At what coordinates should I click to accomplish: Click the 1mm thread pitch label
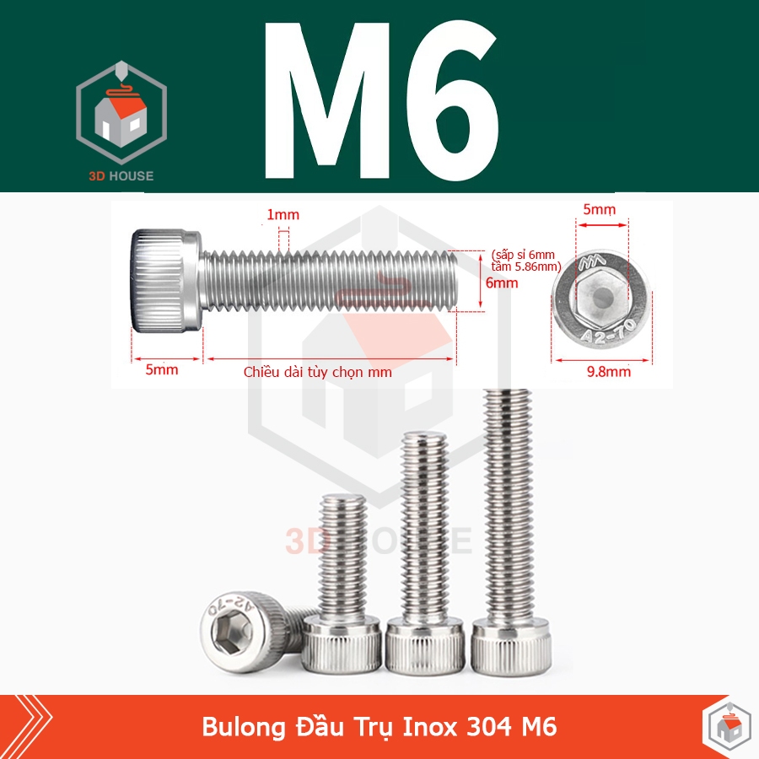coord(283,216)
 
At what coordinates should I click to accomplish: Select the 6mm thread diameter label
coord(502,283)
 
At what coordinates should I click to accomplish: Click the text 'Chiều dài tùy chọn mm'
coord(317,371)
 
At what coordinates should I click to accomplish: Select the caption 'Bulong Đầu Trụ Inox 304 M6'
coord(379,727)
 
